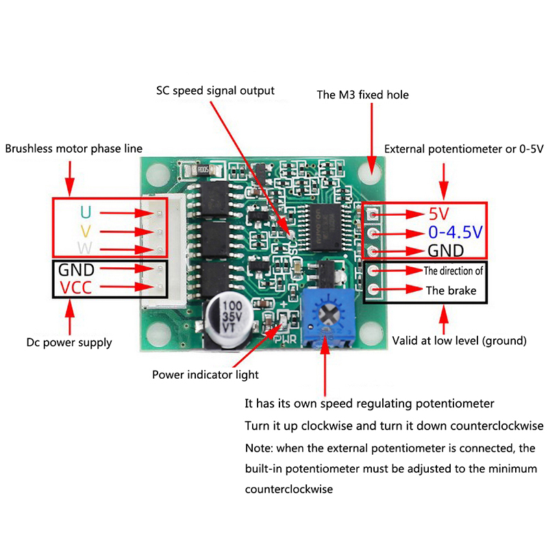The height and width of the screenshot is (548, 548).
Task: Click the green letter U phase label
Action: (x=85, y=212)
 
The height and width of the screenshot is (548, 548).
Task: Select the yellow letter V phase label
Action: (x=85, y=229)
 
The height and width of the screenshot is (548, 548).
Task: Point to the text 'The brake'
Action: (x=451, y=290)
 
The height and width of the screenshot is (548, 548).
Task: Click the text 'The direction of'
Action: (x=453, y=271)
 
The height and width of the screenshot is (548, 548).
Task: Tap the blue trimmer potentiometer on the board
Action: (x=329, y=315)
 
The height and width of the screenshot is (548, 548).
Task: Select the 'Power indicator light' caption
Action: (x=206, y=375)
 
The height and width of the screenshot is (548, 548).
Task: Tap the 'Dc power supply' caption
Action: (x=68, y=342)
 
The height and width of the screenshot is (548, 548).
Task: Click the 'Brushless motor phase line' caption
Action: (x=73, y=148)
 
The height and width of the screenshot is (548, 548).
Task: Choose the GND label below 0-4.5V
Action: (x=446, y=250)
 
